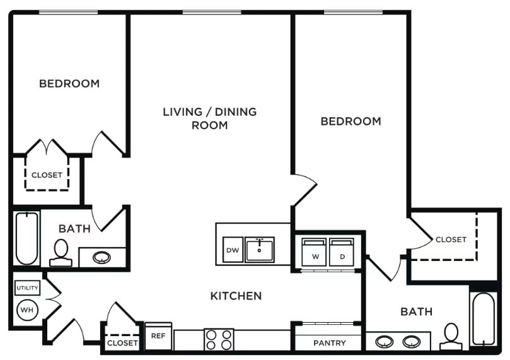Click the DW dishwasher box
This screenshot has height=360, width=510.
click(x=233, y=250)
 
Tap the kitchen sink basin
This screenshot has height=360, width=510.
click(x=260, y=250)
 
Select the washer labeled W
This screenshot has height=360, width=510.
click(x=314, y=252)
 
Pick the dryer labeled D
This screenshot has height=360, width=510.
click(x=342, y=252)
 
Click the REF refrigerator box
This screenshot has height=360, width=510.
click(x=158, y=336)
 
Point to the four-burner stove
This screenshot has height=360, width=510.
click(x=219, y=339)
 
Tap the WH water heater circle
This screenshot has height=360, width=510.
click(x=27, y=310)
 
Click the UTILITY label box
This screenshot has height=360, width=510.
click(x=28, y=287)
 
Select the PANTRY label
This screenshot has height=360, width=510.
click(x=330, y=343)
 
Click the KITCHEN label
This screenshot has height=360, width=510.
click(x=236, y=296)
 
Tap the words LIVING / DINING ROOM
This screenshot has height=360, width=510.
click(x=210, y=119)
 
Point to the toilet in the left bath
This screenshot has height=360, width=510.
click(x=61, y=253)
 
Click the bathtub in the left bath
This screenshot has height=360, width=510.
click(x=27, y=238)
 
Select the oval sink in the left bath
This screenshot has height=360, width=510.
click(x=101, y=258)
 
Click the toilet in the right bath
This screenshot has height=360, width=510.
click(x=451, y=336)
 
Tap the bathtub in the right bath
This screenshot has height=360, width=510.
click(x=484, y=319)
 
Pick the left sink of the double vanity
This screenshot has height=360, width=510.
click(x=385, y=342)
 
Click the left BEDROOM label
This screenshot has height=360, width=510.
click(x=69, y=84)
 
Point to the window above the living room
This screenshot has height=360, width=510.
click(x=212, y=13)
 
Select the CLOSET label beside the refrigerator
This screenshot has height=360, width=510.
click(x=122, y=343)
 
